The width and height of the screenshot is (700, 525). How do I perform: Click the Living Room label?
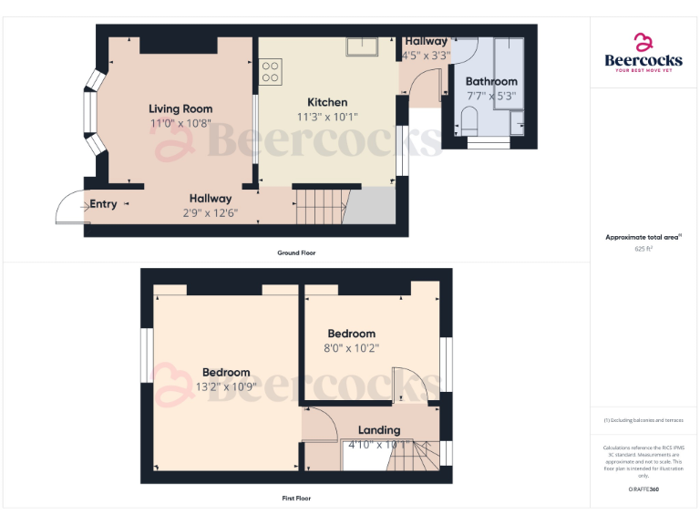pyautogui.click(x=181, y=109)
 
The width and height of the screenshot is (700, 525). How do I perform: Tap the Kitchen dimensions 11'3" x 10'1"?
pyautogui.click(x=325, y=116)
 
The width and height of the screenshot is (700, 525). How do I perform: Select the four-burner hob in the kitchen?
pyautogui.click(x=271, y=71)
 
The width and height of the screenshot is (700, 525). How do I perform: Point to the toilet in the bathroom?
pyautogui.click(x=470, y=119)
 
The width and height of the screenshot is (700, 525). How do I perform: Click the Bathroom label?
pyautogui.click(x=491, y=82)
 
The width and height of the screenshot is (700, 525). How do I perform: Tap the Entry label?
pyautogui.click(x=103, y=204)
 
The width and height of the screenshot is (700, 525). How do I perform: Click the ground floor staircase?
pyautogui.click(x=319, y=205)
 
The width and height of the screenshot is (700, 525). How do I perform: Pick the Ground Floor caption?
pyautogui.click(x=296, y=252)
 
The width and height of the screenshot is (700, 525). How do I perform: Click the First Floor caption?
pyautogui.click(x=296, y=499)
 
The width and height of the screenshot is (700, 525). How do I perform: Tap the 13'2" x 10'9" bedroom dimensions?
pyautogui.click(x=226, y=386)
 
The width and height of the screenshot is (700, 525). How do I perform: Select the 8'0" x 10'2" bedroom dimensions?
pyautogui.click(x=352, y=347)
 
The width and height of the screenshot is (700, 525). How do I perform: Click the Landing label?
pyautogui.click(x=378, y=430)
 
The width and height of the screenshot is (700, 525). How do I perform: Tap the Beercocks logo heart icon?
pyautogui.click(x=643, y=42)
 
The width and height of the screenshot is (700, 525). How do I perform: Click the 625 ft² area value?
pyautogui.click(x=643, y=248)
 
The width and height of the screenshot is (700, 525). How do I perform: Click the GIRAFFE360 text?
pyautogui.click(x=643, y=490)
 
